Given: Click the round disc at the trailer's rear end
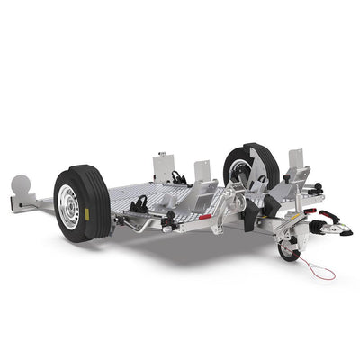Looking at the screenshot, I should click(x=22, y=186).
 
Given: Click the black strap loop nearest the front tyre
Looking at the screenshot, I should click(x=139, y=206).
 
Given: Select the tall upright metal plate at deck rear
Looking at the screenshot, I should click(x=164, y=166).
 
